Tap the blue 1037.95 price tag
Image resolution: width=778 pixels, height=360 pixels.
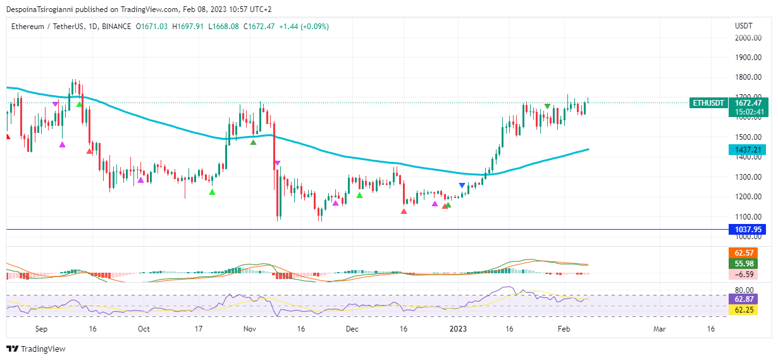pyautogui.click(x=746, y=229)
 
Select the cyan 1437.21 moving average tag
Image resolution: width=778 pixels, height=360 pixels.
pyautogui.click(x=746, y=150)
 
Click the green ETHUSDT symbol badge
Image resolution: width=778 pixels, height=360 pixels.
pyautogui.click(x=708, y=103)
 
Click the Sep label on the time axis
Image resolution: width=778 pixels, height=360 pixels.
pyautogui.click(x=41, y=329)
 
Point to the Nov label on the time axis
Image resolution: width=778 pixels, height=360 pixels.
pyautogui.click(x=250, y=329)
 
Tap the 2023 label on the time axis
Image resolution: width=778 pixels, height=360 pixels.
pyautogui.click(x=457, y=329)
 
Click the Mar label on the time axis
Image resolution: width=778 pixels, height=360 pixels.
pyautogui.click(x=660, y=329)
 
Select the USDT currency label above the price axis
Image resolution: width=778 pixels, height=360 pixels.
pyautogui.click(x=743, y=26)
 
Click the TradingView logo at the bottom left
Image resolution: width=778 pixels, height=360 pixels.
pyautogui.click(x=36, y=349)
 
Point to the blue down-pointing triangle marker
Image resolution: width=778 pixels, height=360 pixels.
pyautogui.click(x=462, y=185)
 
